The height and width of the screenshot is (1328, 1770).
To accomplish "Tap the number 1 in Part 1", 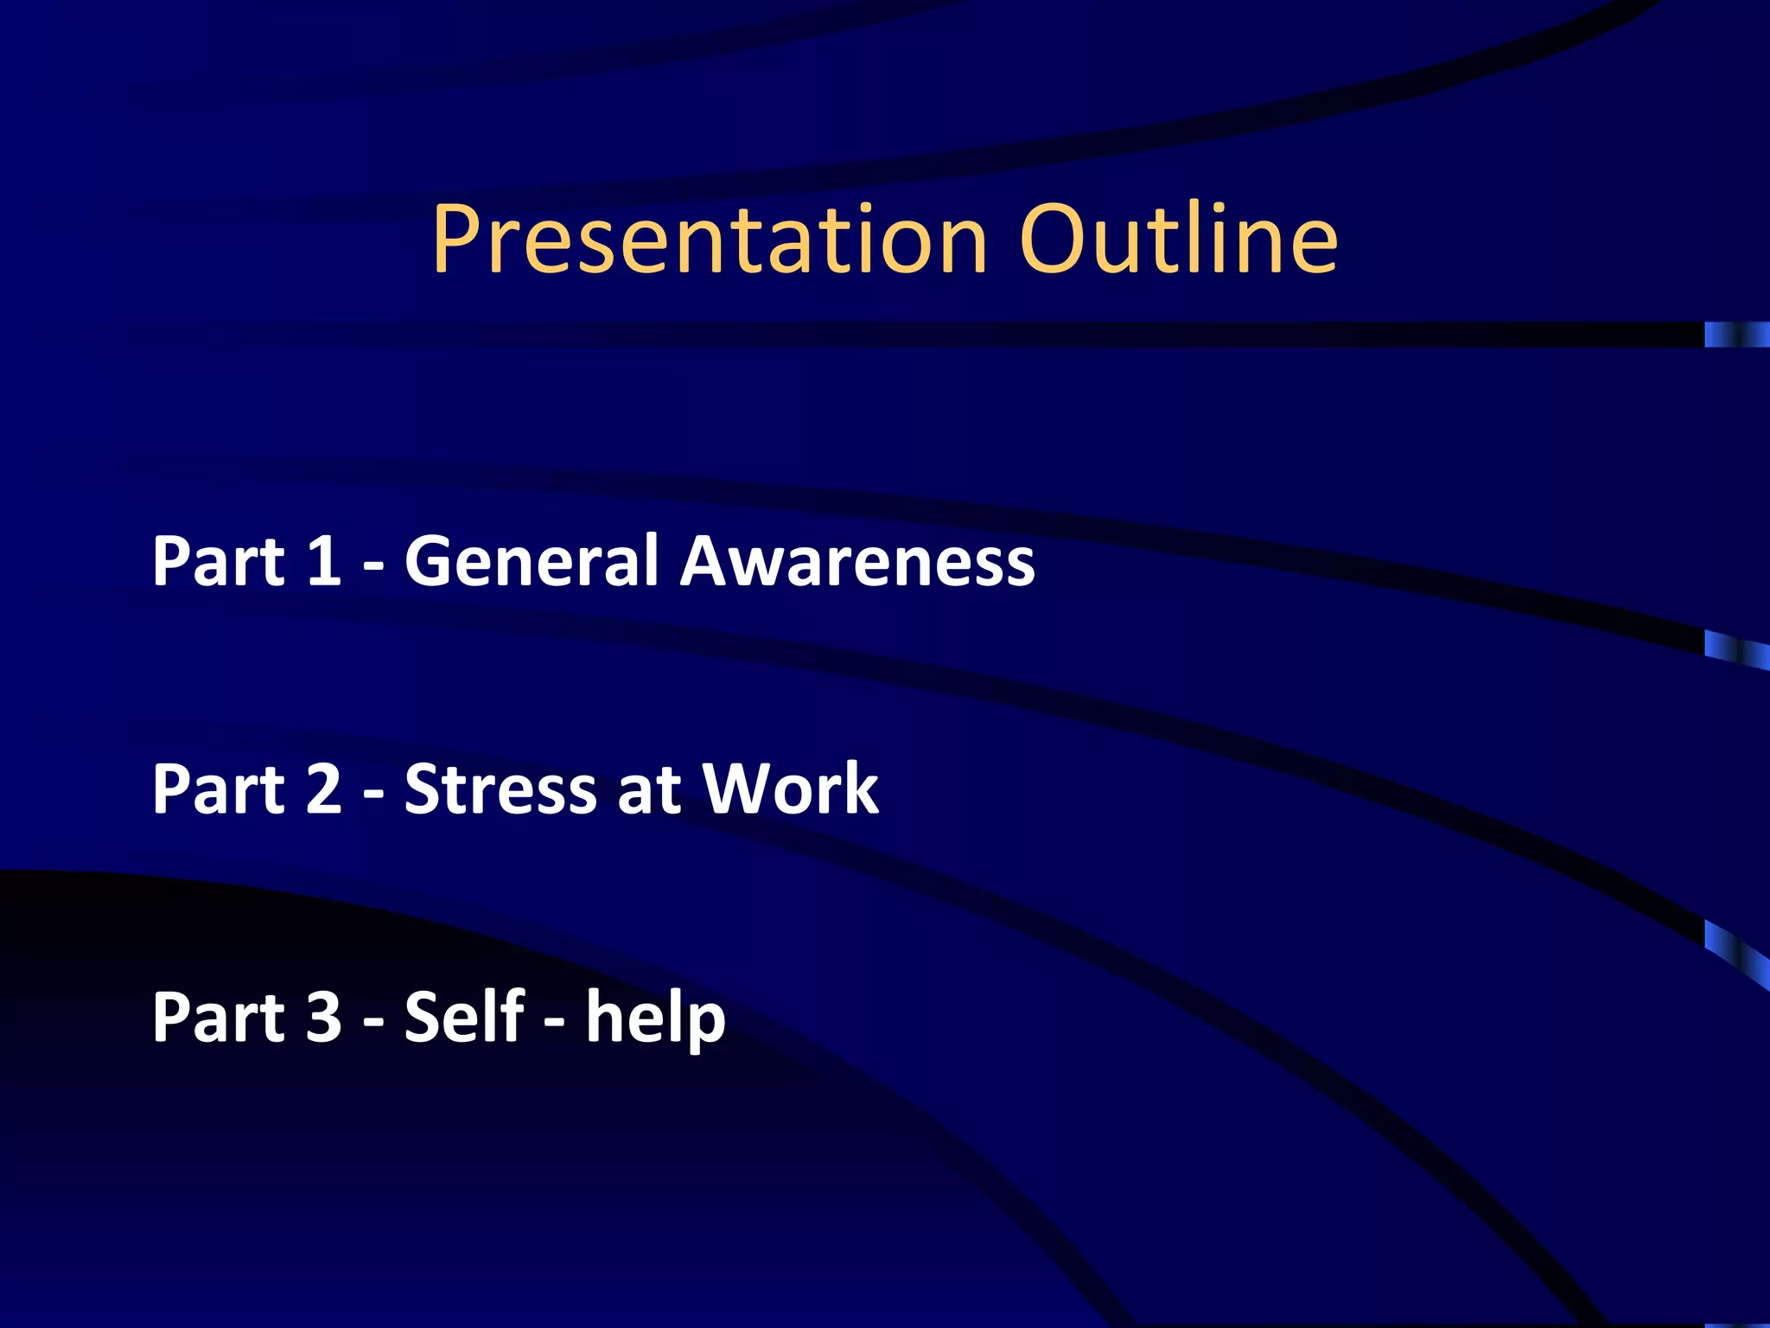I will click(x=323, y=561).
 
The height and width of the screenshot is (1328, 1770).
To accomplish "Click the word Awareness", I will click(x=857, y=561).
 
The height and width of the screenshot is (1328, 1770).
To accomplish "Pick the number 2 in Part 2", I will click(x=323, y=788).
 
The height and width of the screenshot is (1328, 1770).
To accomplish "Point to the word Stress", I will click(x=500, y=788).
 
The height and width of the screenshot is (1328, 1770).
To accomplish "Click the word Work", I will click(x=790, y=788).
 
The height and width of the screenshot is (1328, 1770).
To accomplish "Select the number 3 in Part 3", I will click(x=323, y=1017).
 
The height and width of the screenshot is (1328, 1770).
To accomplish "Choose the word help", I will click(x=656, y=1018).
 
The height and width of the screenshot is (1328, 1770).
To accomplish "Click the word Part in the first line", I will click(x=218, y=561).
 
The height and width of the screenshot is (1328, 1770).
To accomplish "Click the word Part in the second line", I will click(x=218, y=788).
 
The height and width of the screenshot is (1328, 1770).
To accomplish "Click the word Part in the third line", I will click(x=218, y=1017).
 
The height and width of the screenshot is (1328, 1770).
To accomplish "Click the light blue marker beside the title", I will click(x=1735, y=334).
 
